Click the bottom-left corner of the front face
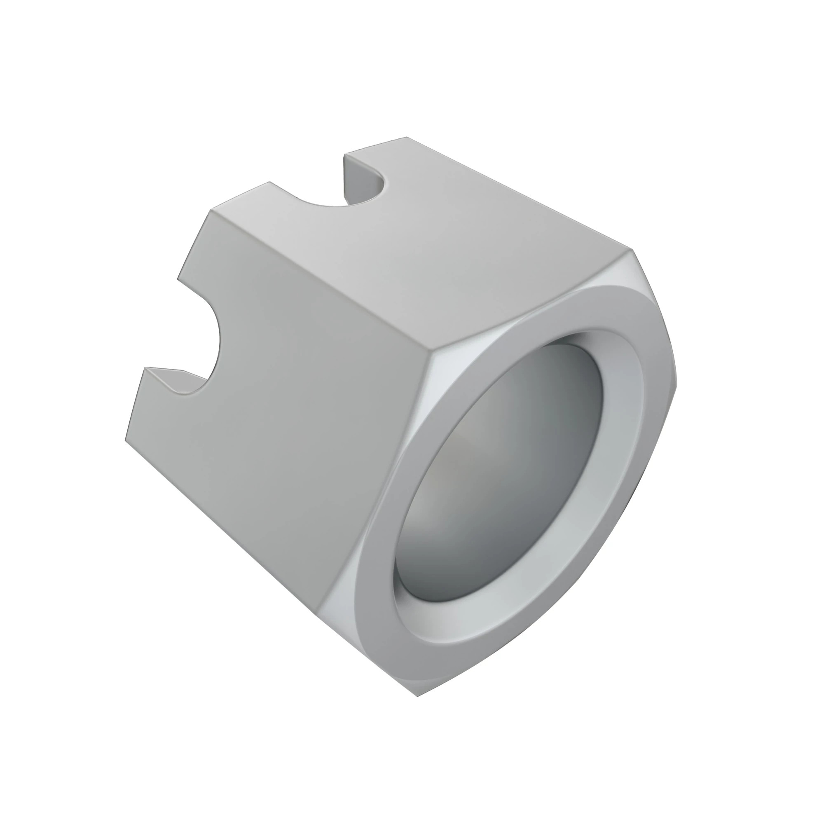click(126, 441)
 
